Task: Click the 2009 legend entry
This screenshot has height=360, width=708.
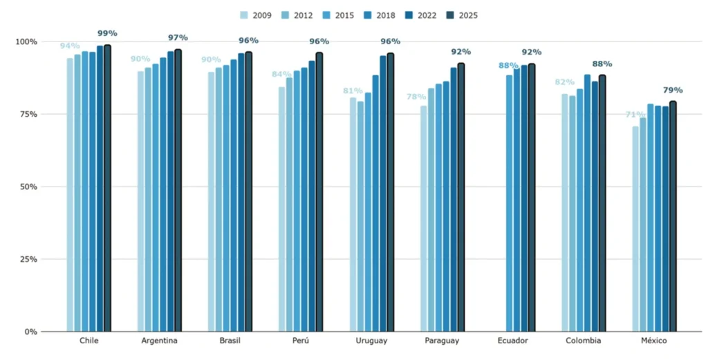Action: coord(256,15)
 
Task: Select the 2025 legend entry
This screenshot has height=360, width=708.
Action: coord(462,15)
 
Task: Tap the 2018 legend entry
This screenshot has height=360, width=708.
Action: coord(380,15)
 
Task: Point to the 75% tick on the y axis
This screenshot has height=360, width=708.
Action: coord(30,114)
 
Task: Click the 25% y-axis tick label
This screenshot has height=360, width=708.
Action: coord(30,259)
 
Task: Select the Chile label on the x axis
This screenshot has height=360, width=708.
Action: coord(89,341)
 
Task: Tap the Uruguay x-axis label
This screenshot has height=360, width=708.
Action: coord(371,341)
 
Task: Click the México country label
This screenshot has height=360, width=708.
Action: coord(654,341)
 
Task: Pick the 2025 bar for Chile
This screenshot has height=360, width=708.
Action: coord(107,188)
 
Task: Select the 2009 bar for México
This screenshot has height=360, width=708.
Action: coord(635,229)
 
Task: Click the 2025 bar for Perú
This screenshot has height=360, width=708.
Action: coord(319,192)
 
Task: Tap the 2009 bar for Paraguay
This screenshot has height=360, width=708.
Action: coord(424,219)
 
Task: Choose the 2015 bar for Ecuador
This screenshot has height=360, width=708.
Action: coord(510,203)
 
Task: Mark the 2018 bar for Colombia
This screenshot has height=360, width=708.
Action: coord(588,203)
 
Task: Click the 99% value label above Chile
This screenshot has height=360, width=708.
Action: coord(107,33)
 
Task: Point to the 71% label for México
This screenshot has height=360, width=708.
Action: coord(635,115)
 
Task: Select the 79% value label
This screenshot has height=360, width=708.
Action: coord(673,91)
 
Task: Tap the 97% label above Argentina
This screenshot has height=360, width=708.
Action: coord(178,38)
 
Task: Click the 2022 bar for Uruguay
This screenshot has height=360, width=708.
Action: coord(383,193)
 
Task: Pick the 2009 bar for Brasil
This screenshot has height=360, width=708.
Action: coord(212,202)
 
